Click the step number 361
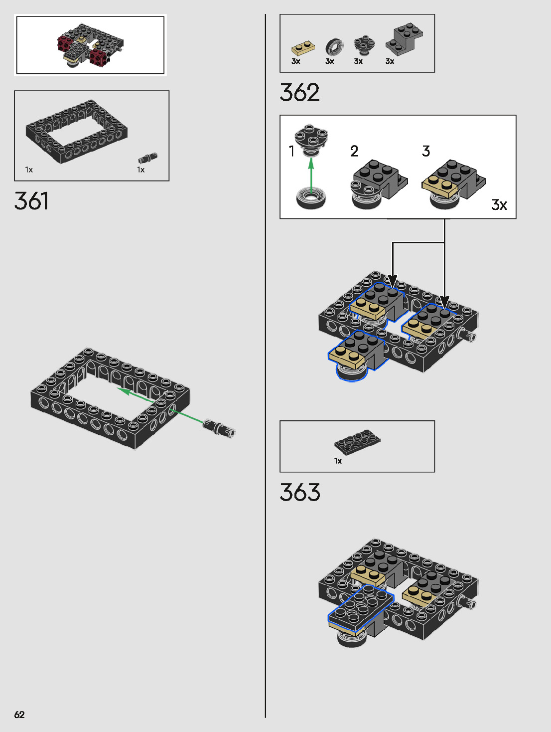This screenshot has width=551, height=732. tap(31, 201)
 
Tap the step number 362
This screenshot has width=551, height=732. tap(299, 93)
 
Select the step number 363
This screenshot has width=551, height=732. tap(300, 493)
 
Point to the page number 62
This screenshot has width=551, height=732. tap(19, 715)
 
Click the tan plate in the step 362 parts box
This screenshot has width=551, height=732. tap(303, 48)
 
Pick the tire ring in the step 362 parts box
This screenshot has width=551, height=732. tap(334, 47)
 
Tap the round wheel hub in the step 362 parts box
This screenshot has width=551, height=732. tap(364, 45)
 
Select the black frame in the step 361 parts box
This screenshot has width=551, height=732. tap(76, 131)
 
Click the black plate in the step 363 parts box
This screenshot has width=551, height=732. tap(357, 441)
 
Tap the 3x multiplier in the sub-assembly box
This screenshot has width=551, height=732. tap(499, 205)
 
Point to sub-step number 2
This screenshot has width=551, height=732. tap(354, 151)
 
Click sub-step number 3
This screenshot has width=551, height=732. tap(426, 151)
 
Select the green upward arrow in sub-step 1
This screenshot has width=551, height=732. tap(311, 175)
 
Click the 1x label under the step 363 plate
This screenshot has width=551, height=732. tap(338, 461)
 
